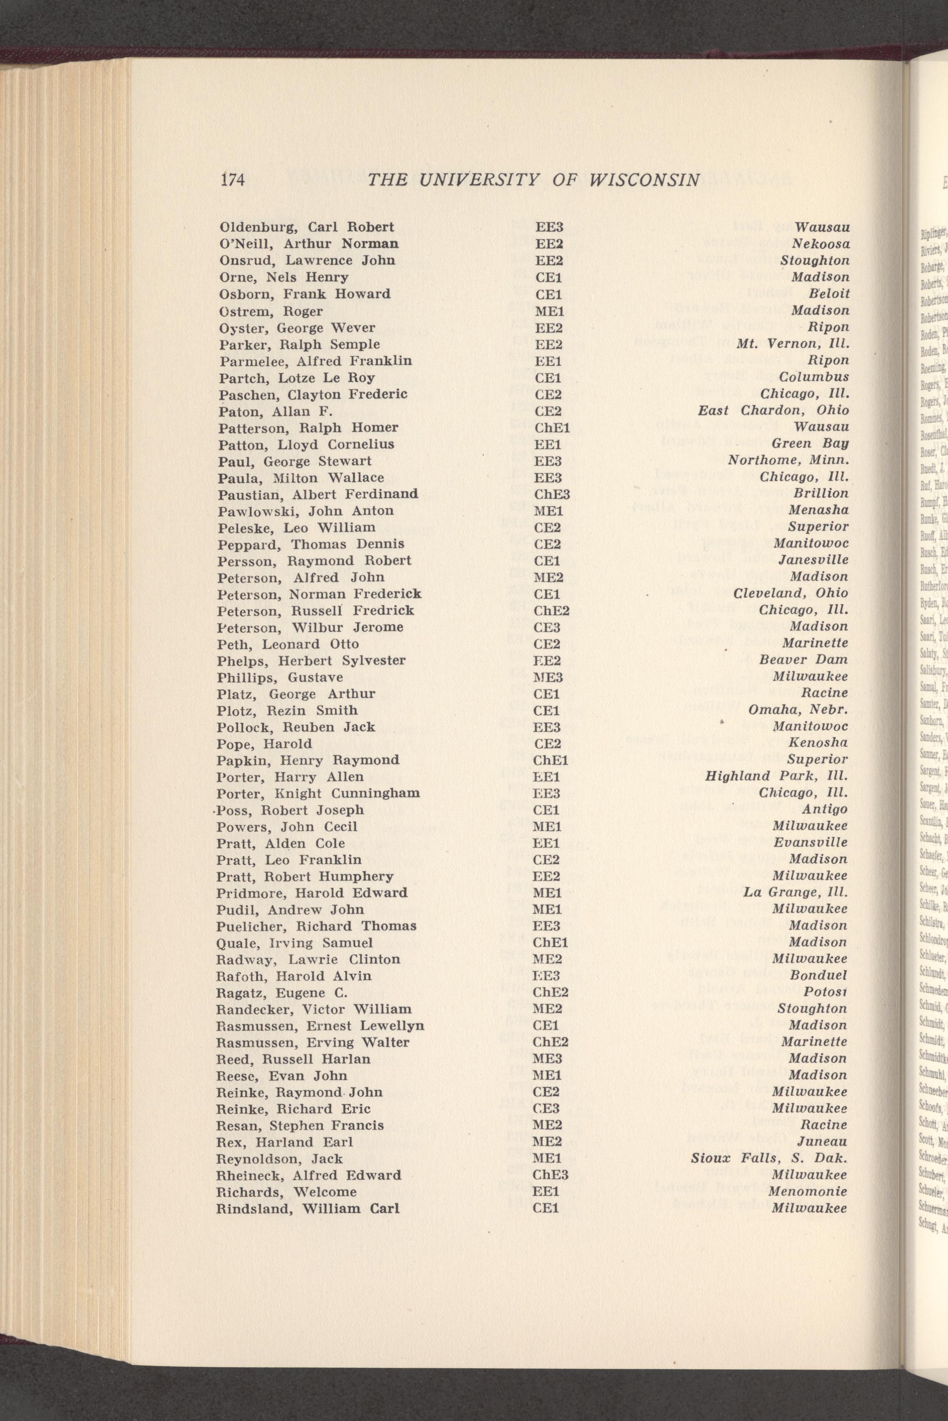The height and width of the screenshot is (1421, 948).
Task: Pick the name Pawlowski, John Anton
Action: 306,511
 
